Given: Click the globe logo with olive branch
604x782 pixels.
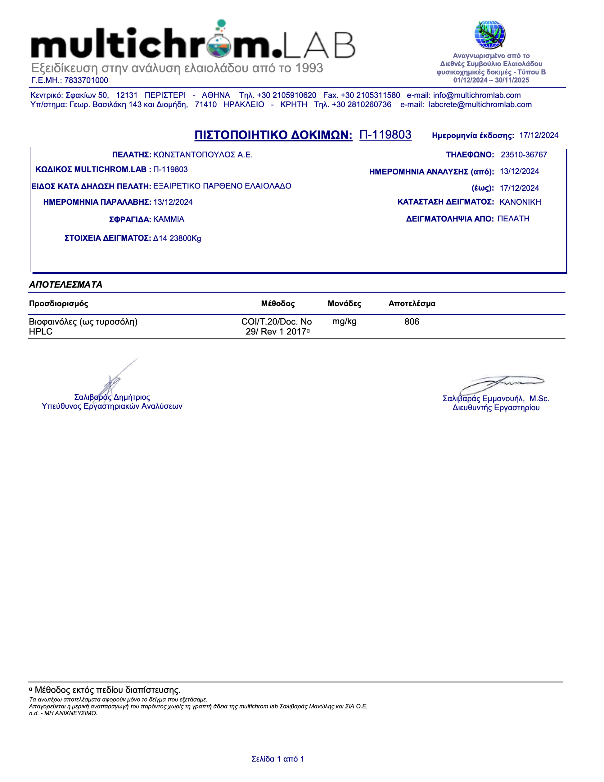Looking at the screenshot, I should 489,35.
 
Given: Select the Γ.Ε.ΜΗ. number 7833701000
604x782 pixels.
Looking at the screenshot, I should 86,80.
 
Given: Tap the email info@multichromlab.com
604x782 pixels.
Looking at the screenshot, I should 477,95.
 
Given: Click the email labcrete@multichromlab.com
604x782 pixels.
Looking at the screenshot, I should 480,105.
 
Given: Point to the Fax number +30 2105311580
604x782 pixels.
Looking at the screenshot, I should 370,95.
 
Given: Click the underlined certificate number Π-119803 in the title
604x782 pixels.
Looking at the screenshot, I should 385,135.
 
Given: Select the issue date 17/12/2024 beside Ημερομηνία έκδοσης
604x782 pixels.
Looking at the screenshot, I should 539,135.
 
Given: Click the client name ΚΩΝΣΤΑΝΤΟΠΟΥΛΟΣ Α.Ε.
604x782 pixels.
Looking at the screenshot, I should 203,155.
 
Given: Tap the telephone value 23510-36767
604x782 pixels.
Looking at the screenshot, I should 524,155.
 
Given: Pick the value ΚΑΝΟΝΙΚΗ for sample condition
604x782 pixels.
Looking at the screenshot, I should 520,202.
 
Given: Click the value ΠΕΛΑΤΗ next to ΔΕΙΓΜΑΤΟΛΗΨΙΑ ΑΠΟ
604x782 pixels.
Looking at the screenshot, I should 513,219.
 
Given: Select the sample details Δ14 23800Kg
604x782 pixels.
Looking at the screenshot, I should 177,239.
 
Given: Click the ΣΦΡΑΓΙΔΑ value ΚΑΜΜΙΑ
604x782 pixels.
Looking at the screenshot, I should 169,219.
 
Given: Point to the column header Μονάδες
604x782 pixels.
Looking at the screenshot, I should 344,304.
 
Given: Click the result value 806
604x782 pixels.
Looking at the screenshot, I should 412,321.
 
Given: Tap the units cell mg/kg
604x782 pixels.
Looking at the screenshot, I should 344,321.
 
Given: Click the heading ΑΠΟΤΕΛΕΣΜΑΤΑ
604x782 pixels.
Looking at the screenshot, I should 65,285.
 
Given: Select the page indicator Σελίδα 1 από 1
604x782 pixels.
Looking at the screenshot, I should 278,759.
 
